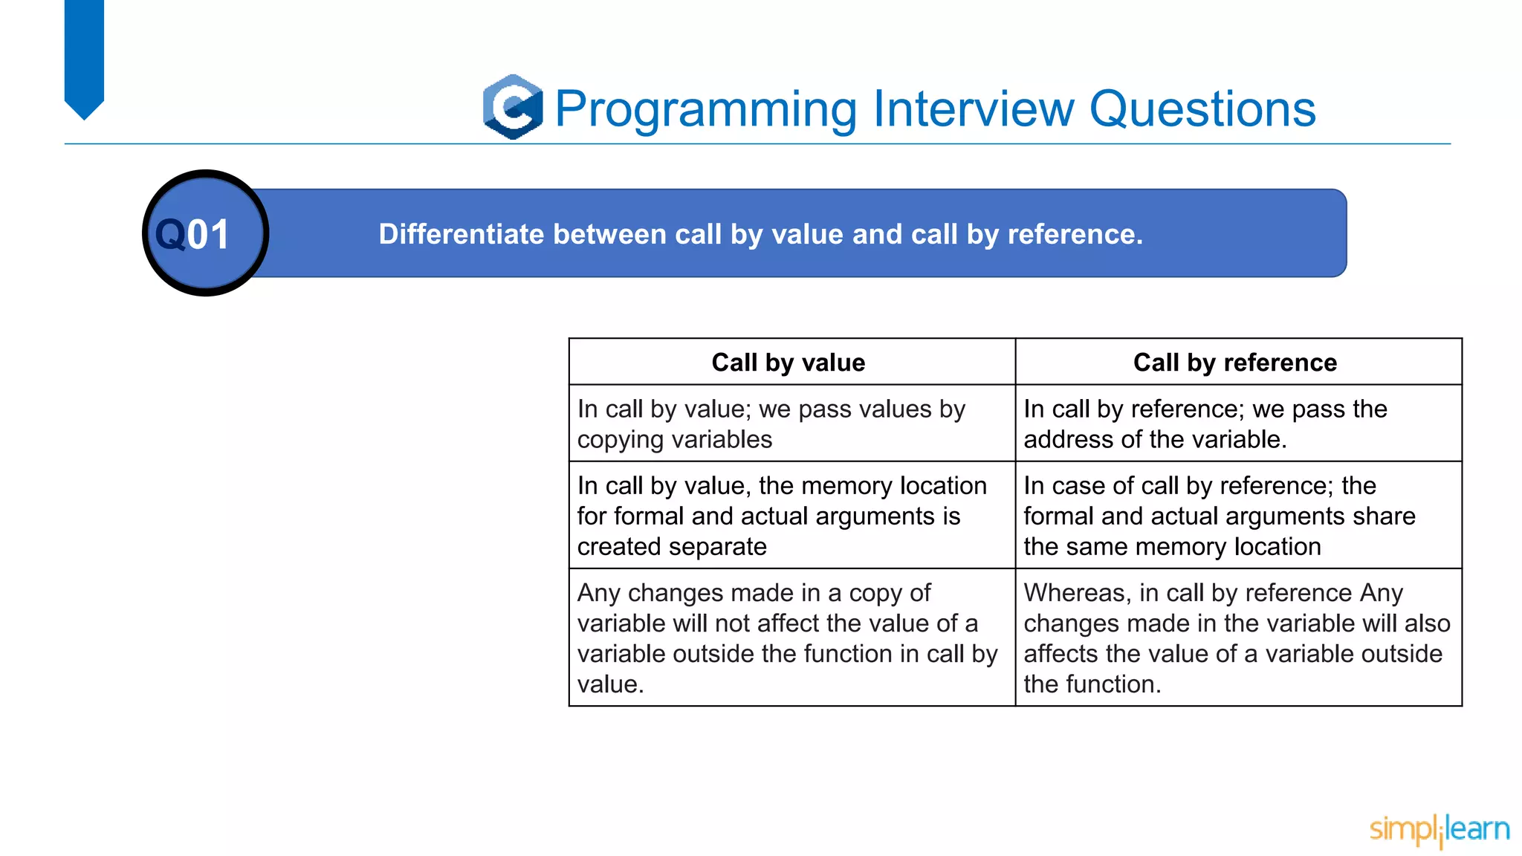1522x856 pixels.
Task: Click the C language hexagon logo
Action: pos(513,107)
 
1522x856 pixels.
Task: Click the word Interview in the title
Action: pos(973,109)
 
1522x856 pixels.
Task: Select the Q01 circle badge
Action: pos(205,233)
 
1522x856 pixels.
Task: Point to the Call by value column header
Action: pos(788,363)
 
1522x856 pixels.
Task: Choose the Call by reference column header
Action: pos(1234,363)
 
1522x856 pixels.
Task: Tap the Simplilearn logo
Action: pos(1439,829)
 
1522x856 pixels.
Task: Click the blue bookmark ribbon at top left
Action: pos(84,56)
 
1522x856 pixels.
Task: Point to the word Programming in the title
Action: pos(706,109)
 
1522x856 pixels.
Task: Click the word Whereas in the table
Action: pos(1077,593)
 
